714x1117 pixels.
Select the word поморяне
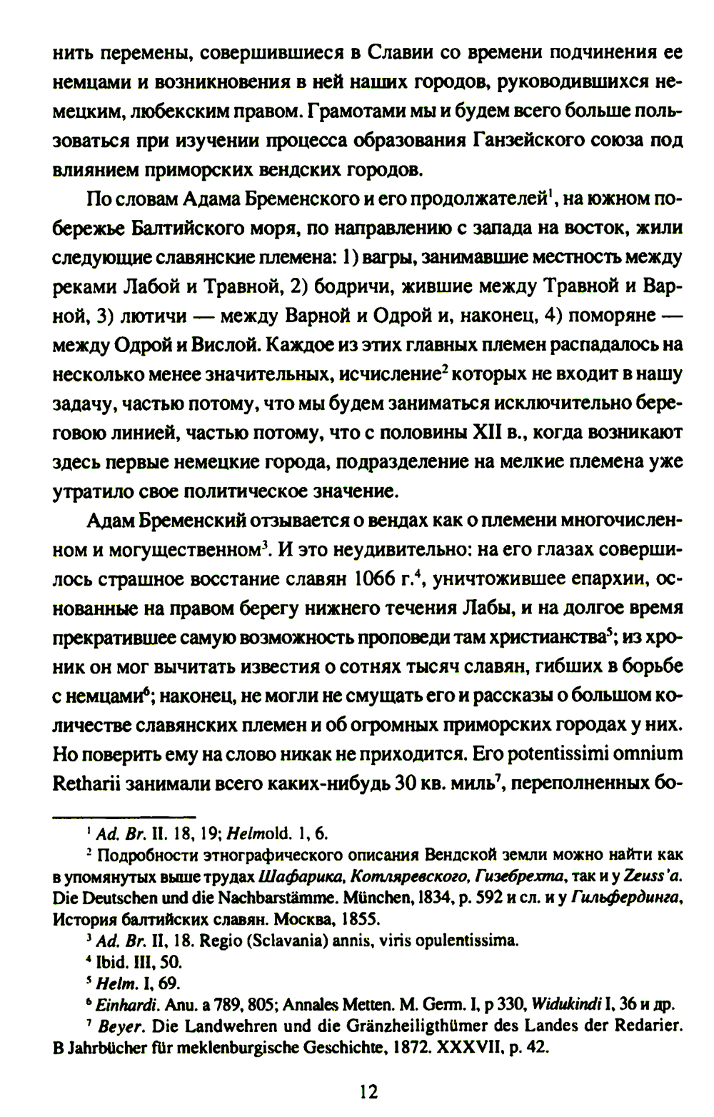[x=613, y=315]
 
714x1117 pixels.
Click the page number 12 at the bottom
[x=368, y=1091]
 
